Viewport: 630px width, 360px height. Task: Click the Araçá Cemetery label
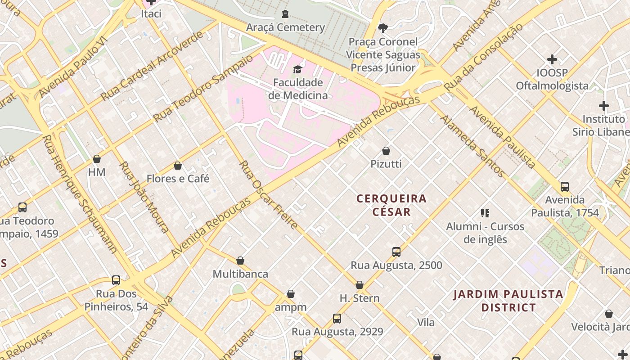[285, 27]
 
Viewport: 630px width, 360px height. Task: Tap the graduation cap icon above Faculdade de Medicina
[297, 69]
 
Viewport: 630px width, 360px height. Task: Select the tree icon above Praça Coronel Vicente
[382, 28]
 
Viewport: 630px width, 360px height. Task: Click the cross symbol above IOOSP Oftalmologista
[552, 59]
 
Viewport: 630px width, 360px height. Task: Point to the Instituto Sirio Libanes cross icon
[604, 106]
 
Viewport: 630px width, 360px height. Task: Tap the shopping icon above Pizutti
[386, 151]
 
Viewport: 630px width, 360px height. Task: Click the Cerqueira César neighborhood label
[391, 205]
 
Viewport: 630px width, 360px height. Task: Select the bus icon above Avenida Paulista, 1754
[565, 186]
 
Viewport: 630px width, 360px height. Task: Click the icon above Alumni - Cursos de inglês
[485, 213]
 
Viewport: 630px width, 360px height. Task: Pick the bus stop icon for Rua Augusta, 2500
[396, 252]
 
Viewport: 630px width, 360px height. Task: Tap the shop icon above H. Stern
[359, 285]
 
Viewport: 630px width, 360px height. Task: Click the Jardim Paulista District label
[508, 301]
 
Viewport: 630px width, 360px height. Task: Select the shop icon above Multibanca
[240, 261]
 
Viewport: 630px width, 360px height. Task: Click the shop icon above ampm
[291, 294]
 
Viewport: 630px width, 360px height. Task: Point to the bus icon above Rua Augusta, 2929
[337, 319]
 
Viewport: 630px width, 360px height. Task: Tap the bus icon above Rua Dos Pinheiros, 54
[116, 280]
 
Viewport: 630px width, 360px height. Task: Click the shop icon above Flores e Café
[178, 166]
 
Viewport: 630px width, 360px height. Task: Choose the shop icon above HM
[96, 159]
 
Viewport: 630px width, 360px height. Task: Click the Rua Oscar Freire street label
[268, 194]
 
